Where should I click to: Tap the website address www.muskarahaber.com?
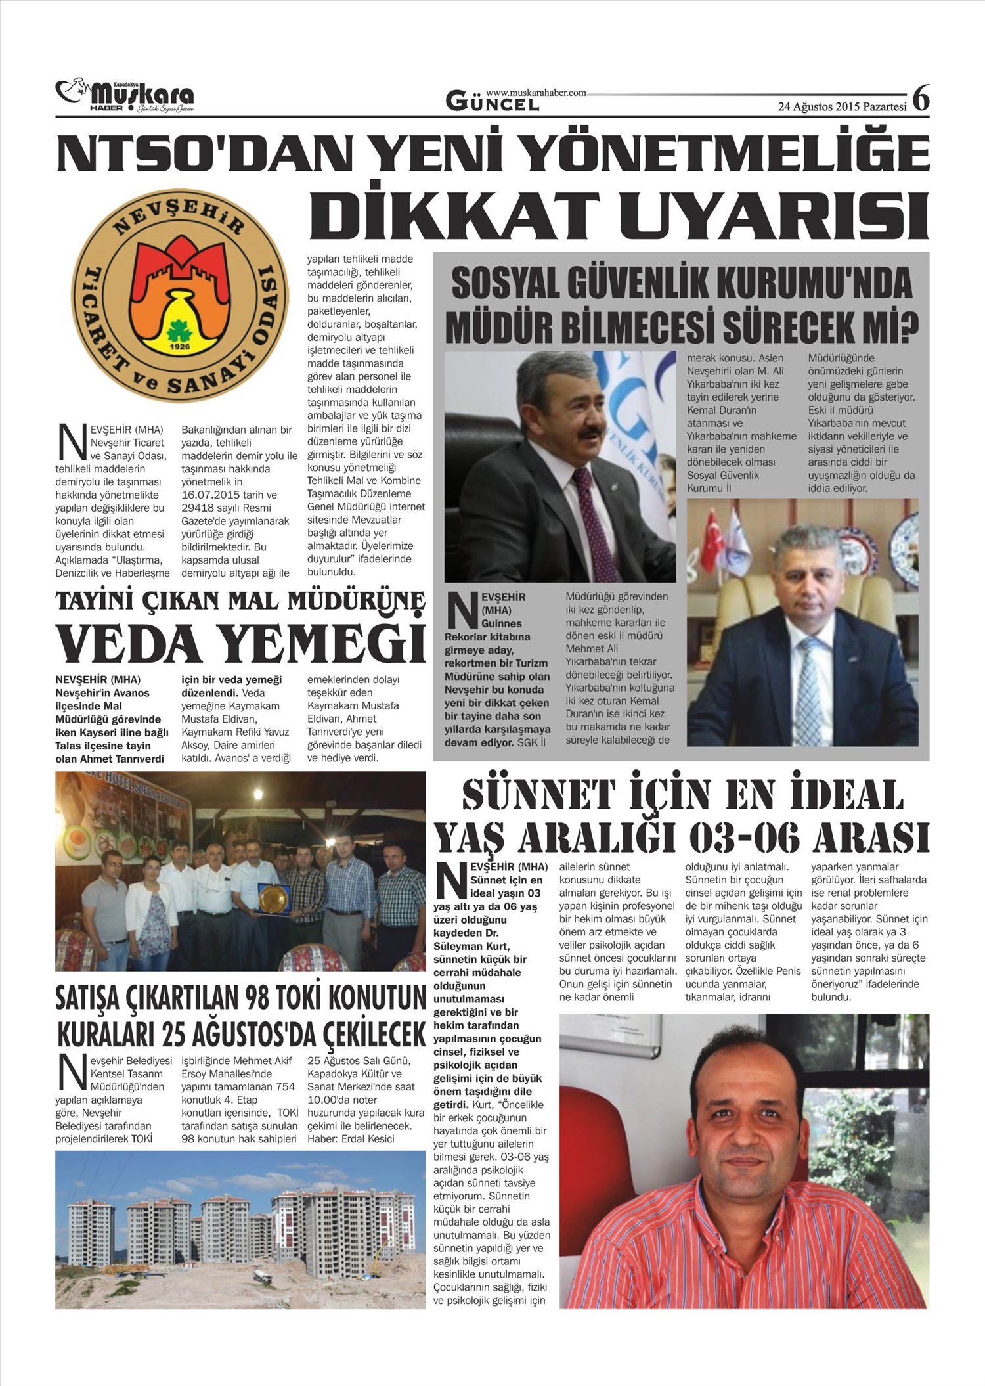(536, 93)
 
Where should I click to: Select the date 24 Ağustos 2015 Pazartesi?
(842, 106)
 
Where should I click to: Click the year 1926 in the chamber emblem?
(179, 346)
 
